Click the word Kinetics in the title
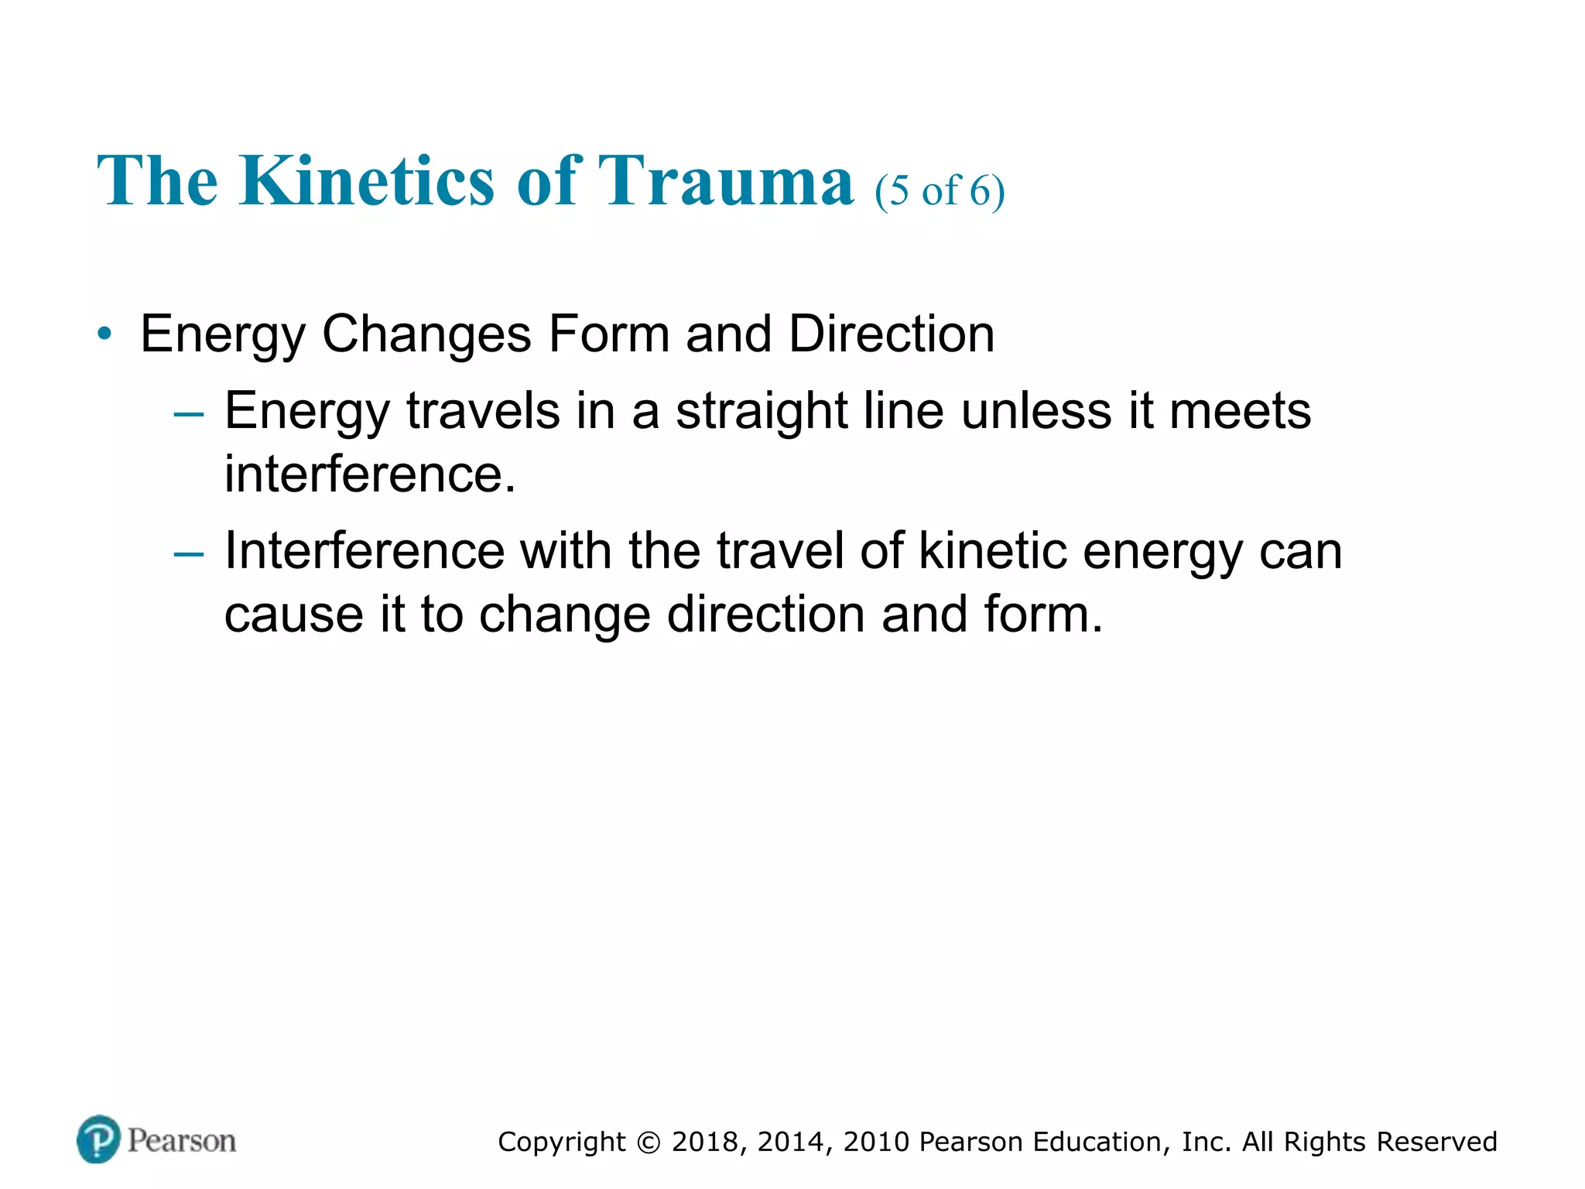tap(366, 180)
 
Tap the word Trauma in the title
tap(727, 180)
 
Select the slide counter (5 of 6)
tap(940, 190)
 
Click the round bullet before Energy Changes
tap(104, 334)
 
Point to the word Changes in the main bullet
tap(426, 334)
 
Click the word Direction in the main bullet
tap(892, 334)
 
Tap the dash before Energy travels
tap(189, 414)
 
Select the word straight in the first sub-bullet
tap(762, 411)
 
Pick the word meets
tap(1240, 411)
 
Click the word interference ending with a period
tap(369, 474)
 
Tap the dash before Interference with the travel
tap(189, 554)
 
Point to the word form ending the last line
tap(1042, 615)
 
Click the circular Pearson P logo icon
tap(98, 1139)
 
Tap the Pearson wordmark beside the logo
tap(182, 1141)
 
